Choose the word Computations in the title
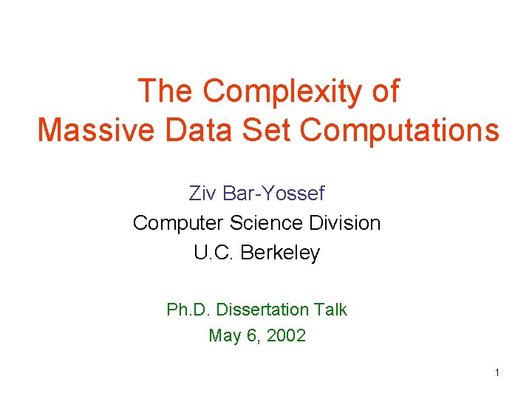[400, 130]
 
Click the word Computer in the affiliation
[178, 223]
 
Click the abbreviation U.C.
[214, 253]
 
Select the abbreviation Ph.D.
[187, 310]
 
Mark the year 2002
[286, 336]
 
